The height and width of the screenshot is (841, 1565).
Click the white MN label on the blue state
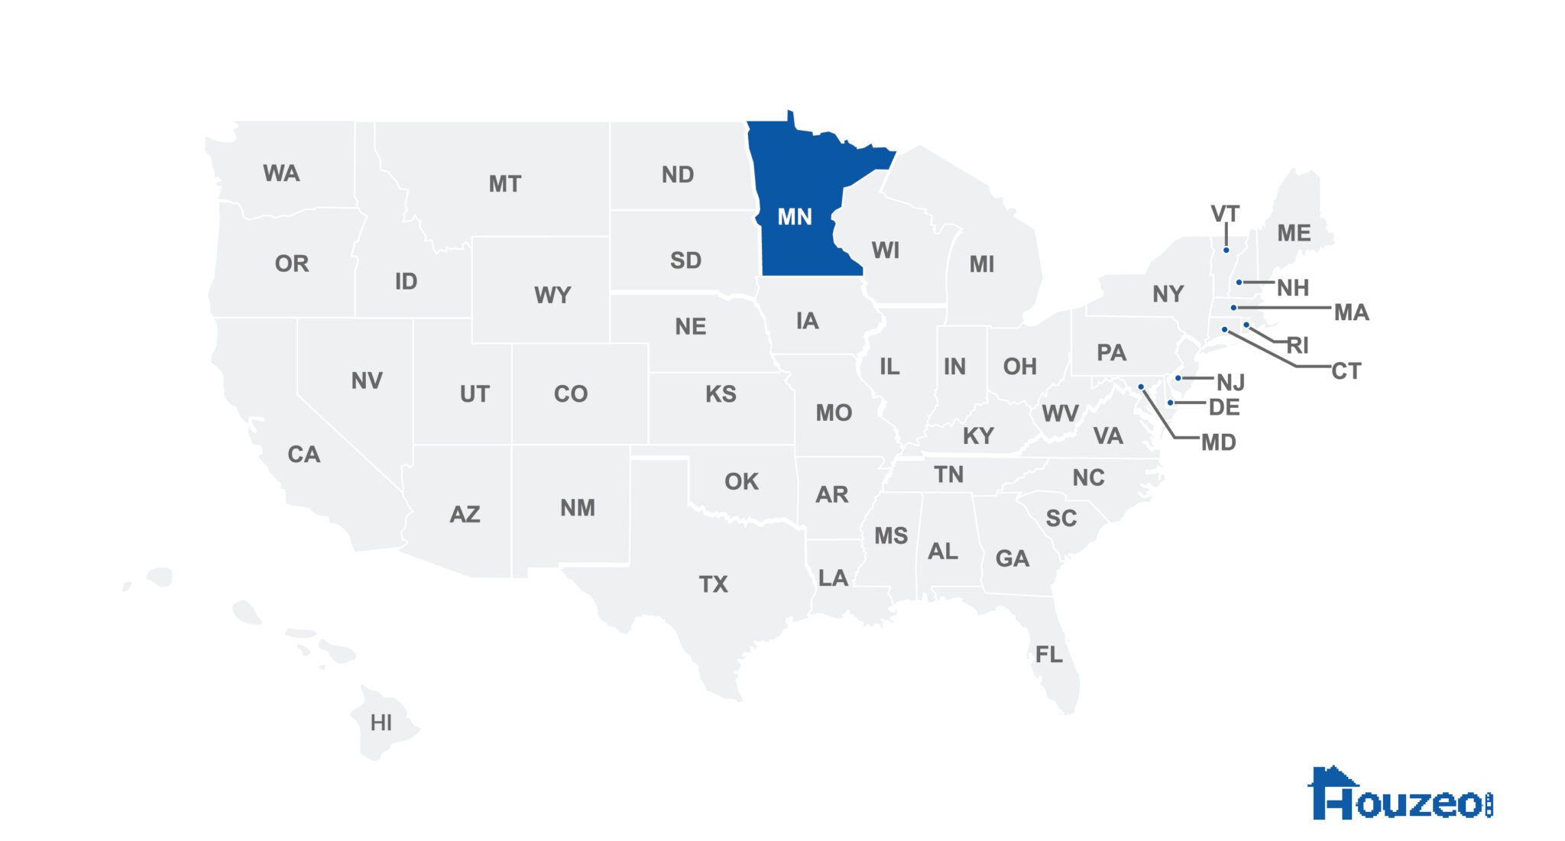click(794, 217)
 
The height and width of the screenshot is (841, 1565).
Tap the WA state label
click(281, 173)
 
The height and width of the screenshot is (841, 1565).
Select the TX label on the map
click(713, 584)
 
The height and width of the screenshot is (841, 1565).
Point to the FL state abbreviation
click(1048, 654)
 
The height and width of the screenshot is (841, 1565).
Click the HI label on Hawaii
click(381, 723)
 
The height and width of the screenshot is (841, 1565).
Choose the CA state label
click(303, 454)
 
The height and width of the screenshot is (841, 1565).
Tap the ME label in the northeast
click(1294, 233)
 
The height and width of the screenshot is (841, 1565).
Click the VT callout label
click(1225, 214)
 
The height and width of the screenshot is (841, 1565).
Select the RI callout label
click(1298, 345)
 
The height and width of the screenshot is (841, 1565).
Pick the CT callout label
click(1346, 371)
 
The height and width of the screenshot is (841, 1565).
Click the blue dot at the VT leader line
click(1226, 250)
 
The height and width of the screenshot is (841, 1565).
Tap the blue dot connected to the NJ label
click(1178, 378)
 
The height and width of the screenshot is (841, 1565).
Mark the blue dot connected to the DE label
click(1170, 403)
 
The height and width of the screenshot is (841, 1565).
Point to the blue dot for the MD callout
click(1141, 387)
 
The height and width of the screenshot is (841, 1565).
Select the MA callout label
click(1351, 312)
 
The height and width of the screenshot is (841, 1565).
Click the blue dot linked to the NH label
click(1239, 283)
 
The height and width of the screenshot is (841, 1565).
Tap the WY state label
click(552, 295)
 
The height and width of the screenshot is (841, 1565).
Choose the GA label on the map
click(1013, 558)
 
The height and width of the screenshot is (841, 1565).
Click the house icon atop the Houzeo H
click(1333, 777)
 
